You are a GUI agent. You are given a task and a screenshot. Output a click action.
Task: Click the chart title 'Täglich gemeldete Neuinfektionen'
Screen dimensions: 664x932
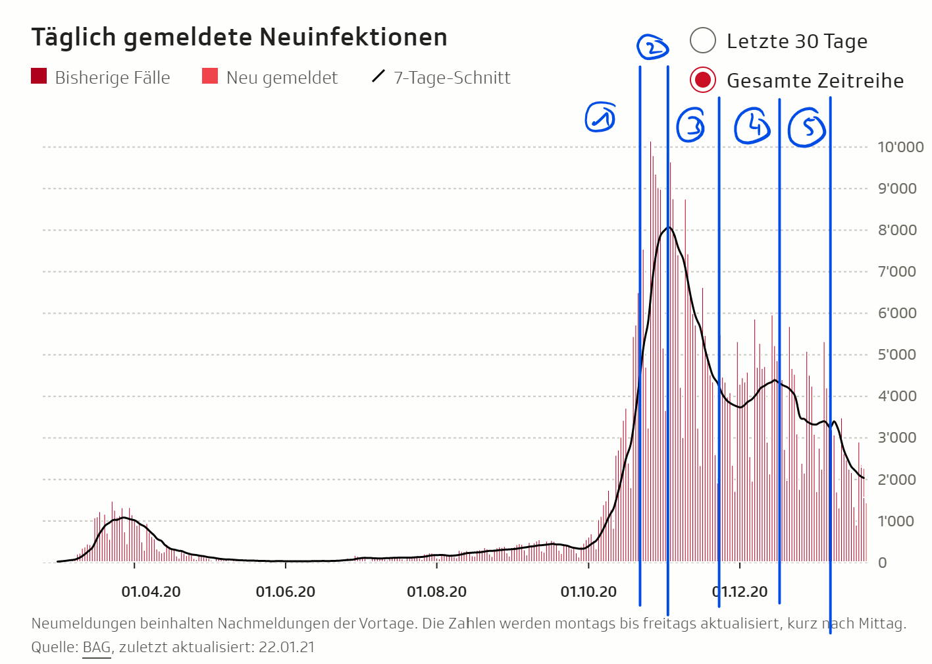coord(240,38)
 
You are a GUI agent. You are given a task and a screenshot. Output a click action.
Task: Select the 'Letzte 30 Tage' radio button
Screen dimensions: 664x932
coord(703,41)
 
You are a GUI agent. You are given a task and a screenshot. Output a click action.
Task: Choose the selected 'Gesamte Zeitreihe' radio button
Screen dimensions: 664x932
coord(703,80)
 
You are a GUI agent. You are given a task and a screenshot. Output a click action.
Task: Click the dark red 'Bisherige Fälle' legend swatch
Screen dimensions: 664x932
coord(39,76)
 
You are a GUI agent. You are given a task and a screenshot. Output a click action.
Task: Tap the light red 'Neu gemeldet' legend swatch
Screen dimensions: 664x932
coord(210,76)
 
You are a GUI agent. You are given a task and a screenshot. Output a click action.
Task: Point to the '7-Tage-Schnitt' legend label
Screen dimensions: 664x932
coord(452,78)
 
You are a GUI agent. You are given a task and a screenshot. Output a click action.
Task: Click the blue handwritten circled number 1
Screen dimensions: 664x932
coord(600,117)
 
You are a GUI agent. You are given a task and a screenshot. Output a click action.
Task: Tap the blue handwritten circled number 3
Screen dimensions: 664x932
coord(691,124)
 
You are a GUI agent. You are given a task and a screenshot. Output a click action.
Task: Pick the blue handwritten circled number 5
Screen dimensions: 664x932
coord(807,127)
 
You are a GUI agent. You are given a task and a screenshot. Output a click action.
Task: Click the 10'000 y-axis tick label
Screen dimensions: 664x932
coord(900,147)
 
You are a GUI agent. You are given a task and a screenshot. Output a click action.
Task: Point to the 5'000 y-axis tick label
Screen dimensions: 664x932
coord(897,354)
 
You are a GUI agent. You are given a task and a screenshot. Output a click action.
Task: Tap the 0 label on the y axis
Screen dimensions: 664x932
coord(883,563)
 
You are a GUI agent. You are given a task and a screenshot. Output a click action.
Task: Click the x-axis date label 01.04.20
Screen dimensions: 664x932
coord(151,592)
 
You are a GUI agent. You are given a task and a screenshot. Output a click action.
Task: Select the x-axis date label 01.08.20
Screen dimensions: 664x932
coord(436,592)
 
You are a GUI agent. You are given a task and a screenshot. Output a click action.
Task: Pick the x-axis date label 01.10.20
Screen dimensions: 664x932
coord(588,592)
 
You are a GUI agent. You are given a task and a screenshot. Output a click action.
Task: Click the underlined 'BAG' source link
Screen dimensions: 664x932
coord(97,647)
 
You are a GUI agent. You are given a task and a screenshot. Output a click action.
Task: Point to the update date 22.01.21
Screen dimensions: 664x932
coord(286,647)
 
